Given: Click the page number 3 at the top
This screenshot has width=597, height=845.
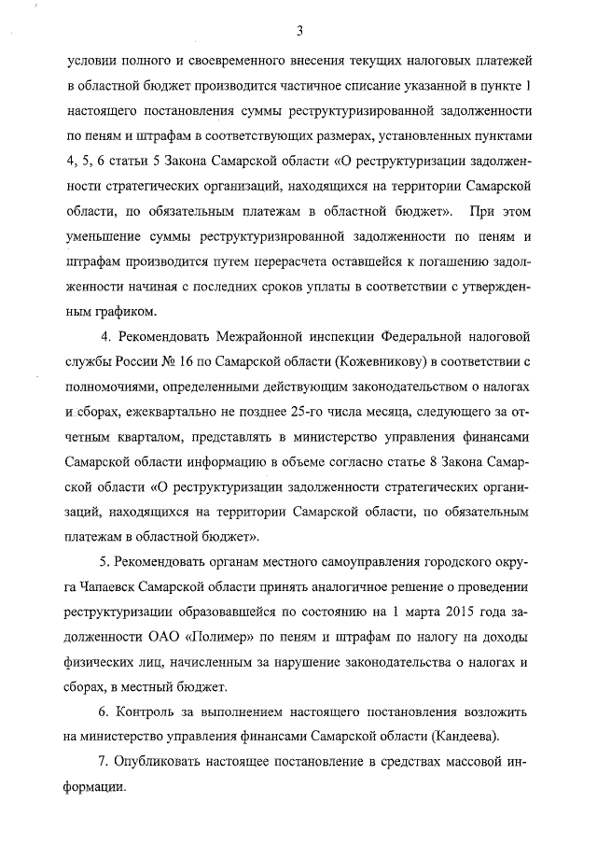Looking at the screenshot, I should pos(299,30).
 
